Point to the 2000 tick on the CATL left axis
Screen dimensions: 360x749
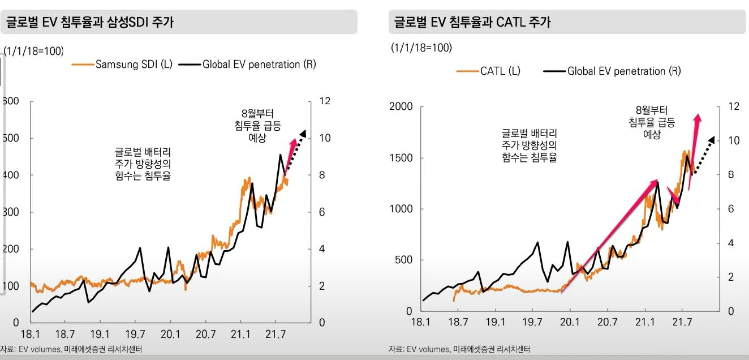coord(401,107)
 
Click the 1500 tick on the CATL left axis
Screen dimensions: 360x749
coord(401,158)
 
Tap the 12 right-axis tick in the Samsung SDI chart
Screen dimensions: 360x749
coord(325,101)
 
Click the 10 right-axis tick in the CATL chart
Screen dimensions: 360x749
coord(734,141)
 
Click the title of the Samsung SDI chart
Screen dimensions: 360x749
coord(91,23)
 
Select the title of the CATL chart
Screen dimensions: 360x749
coord(473,23)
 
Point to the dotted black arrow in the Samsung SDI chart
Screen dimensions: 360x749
coord(296,149)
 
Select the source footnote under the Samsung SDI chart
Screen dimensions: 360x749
coord(71,349)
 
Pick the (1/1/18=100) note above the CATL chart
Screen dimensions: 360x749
coord(421,48)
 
